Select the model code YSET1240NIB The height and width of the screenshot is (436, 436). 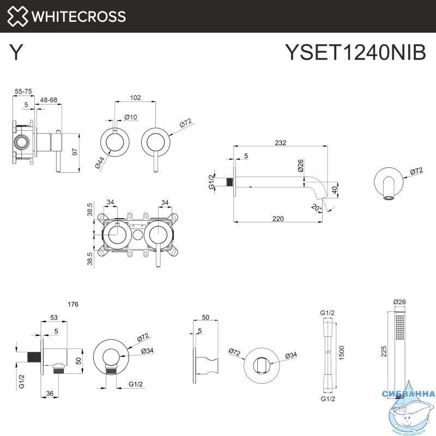pyautogui.click(x=355, y=53)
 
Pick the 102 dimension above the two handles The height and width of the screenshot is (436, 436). pyautogui.click(x=136, y=98)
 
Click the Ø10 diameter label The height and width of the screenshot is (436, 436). pyautogui.click(x=130, y=117)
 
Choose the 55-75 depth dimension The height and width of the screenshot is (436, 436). pyautogui.click(x=23, y=90)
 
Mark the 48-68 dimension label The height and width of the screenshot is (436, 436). pyautogui.click(x=49, y=100)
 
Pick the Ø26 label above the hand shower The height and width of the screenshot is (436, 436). pyautogui.click(x=399, y=302)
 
